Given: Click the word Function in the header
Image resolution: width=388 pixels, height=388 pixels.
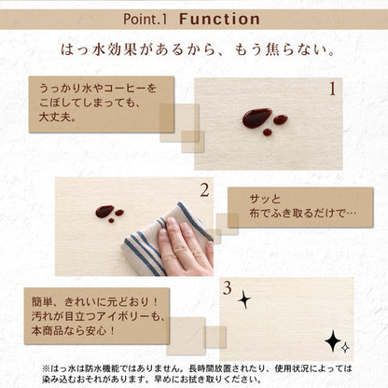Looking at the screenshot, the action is [219, 19].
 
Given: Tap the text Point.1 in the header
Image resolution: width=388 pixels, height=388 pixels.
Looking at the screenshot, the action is [145, 19].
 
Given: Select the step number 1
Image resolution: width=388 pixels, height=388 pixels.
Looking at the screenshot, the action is [332, 90].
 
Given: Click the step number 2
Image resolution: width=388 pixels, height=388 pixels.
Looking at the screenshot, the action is [204, 190].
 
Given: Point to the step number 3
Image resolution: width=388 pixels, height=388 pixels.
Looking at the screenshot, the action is [227, 288].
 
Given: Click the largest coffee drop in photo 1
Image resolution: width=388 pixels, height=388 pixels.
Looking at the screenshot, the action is [256, 118].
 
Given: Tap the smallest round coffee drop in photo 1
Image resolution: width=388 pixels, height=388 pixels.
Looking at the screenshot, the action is [267, 132].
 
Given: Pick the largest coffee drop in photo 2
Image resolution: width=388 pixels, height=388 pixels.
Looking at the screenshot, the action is [104, 212].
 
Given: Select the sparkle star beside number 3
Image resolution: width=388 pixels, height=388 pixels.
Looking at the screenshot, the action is [244, 300].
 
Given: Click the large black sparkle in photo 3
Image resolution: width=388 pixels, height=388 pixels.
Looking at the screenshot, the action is [333, 341].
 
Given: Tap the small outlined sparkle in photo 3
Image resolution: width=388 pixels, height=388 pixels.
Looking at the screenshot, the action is [345, 347].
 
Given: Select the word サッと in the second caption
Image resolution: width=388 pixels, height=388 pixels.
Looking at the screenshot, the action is [265, 200].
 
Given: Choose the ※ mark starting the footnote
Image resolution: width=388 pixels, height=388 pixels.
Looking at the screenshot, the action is [46, 368].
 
